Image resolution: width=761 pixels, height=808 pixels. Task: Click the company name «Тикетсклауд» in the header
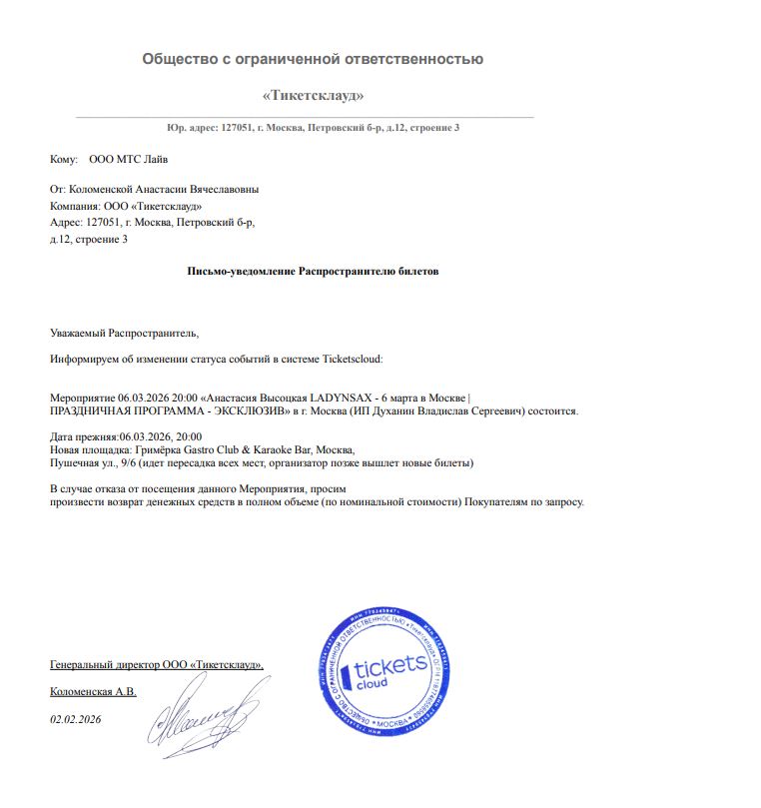click(x=313, y=96)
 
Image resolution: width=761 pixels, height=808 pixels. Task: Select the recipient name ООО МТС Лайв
click(x=129, y=159)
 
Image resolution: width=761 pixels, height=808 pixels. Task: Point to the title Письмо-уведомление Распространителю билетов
click(x=313, y=271)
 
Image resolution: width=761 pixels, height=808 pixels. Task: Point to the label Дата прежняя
click(x=83, y=436)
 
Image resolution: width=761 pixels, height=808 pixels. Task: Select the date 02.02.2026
click(x=76, y=719)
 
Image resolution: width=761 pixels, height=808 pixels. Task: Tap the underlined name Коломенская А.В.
click(x=93, y=691)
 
